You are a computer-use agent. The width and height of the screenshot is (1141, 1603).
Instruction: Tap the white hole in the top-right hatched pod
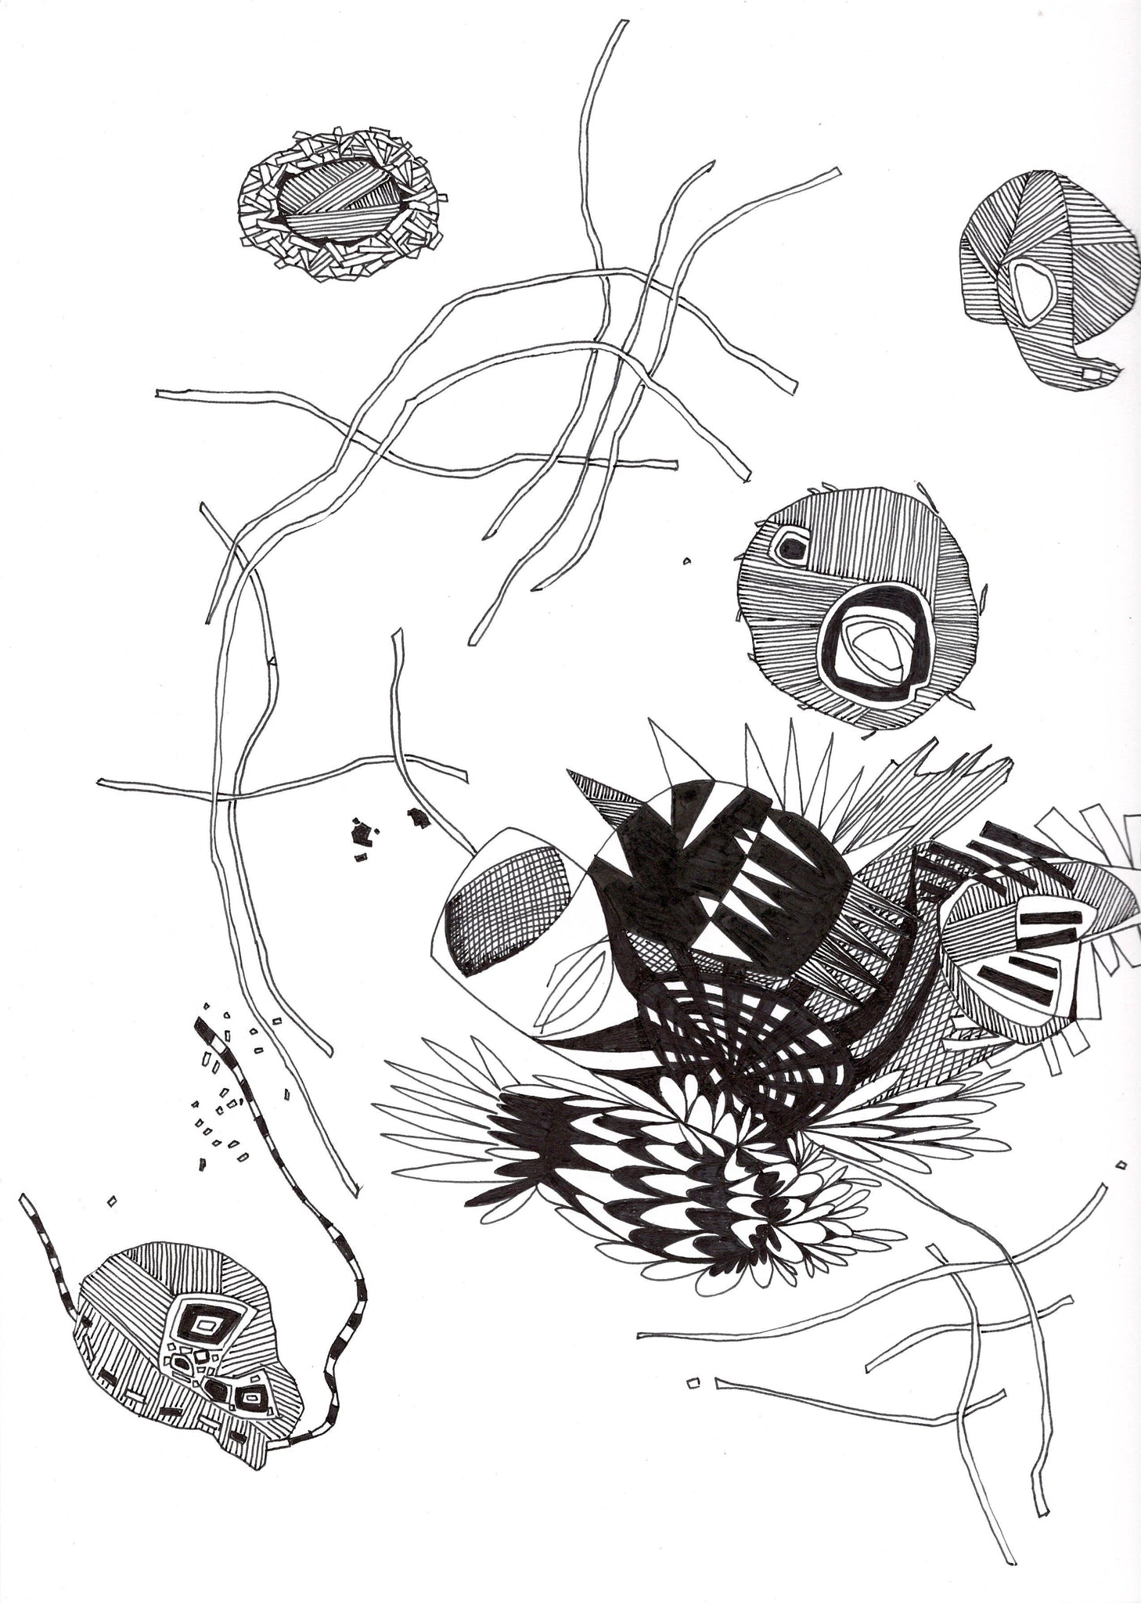coord(1032,290)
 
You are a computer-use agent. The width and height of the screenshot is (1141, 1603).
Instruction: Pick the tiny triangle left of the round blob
coord(686,560)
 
